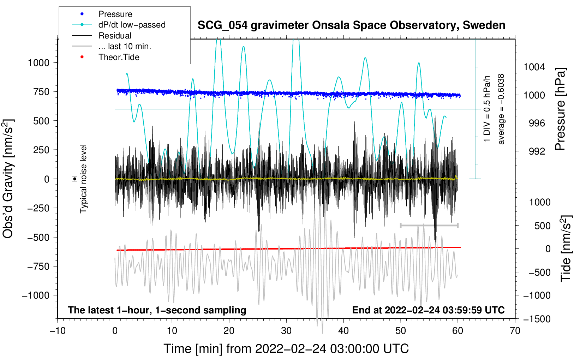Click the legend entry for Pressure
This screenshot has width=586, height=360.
(x=115, y=14)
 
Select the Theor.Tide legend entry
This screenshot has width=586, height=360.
(x=119, y=57)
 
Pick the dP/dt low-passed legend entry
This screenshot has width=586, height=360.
(x=132, y=25)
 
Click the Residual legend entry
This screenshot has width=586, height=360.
(x=115, y=36)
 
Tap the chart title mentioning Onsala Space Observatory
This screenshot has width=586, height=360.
(x=351, y=25)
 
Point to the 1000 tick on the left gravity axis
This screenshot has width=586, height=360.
(x=38, y=63)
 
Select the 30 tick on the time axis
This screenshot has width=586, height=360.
(x=286, y=331)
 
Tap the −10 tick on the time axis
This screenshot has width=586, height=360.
(x=58, y=331)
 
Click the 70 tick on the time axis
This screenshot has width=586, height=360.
(x=515, y=331)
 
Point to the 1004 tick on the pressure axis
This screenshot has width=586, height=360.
(x=534, y=67)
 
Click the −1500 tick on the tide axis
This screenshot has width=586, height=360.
(x=537, y=319)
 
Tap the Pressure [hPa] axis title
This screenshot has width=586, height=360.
(x=560, y=109)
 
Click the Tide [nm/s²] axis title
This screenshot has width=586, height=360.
(x=566, y=248)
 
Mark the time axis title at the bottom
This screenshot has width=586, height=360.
(x=286, y=349)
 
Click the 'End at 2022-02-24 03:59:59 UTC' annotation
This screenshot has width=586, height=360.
(x=428, y=310)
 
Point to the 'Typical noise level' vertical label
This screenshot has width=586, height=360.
(x=83, y=179)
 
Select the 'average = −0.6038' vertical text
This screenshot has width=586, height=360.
(x=501, y=109)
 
